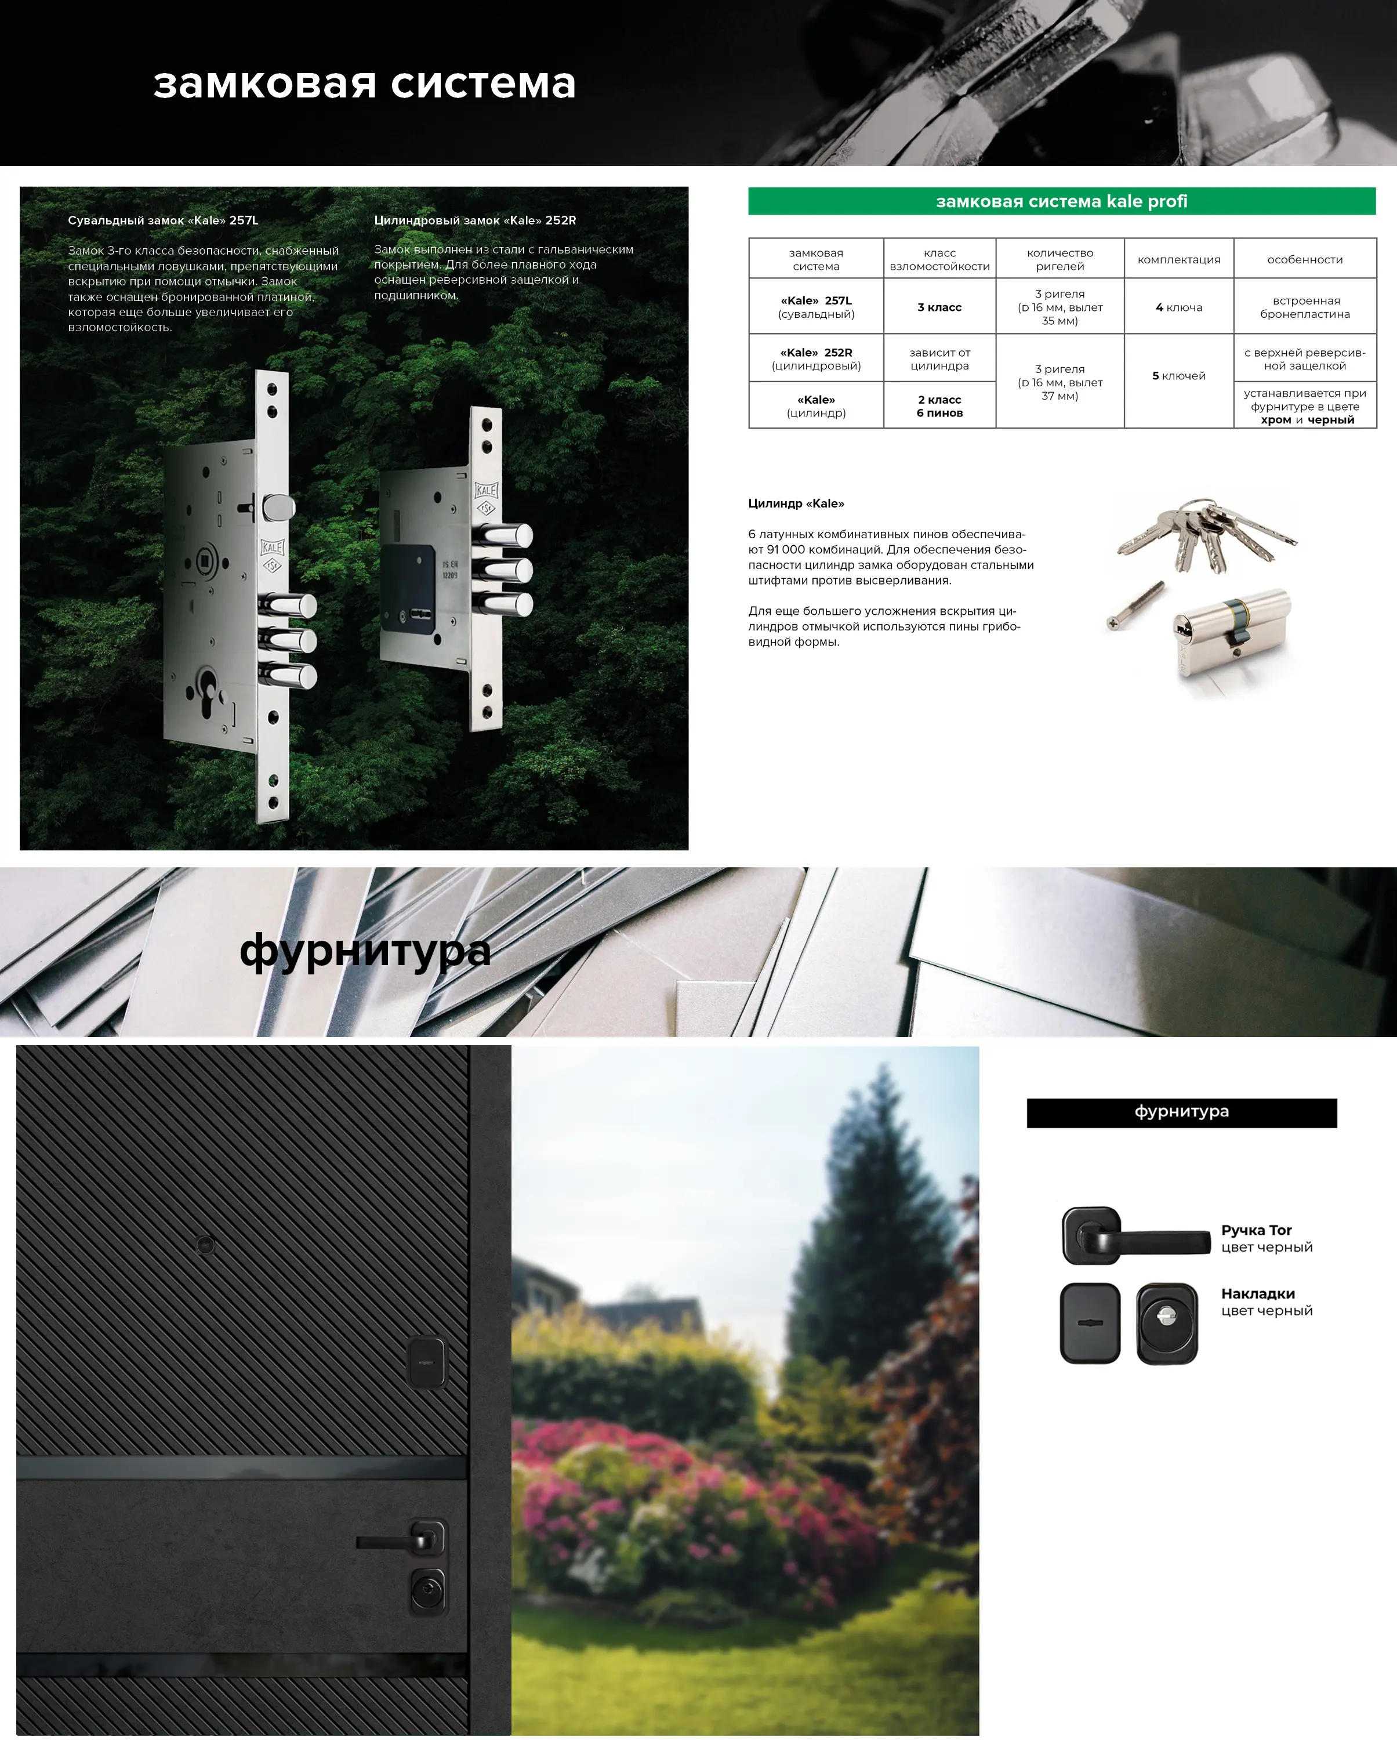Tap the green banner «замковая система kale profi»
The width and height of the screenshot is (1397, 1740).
(1061, 201)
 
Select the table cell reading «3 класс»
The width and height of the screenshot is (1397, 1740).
(939, 307)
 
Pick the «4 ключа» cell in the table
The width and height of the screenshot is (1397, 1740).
(1179, 307)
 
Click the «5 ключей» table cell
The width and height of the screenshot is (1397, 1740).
(1179, 375)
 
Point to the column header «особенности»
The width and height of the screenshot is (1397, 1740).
(1305, 259)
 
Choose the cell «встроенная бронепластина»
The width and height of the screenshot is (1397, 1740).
(1305, 307)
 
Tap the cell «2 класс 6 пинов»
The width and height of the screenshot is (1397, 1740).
(939, 405)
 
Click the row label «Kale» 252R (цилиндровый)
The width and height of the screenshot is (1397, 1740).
(816, 358)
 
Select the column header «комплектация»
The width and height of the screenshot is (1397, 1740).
(1179, 259)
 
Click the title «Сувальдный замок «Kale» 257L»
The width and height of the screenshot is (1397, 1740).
(163, 220)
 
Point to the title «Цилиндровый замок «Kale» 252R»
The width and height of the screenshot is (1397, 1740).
(476, 220)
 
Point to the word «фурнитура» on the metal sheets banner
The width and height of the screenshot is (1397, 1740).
(365, 951)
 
